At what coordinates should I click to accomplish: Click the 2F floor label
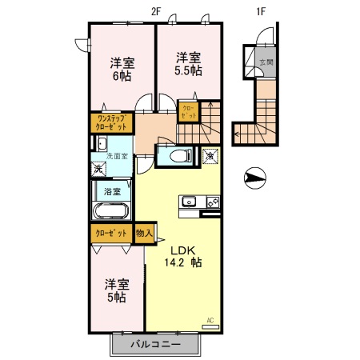156,10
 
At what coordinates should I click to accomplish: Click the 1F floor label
260,10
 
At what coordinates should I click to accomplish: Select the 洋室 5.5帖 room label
189,62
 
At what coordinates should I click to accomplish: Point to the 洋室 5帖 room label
116,290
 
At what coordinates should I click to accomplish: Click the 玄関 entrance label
266,62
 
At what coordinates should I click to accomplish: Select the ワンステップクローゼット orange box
111,122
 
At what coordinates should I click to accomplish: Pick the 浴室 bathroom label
112,192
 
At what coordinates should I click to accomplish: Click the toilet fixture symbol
176,155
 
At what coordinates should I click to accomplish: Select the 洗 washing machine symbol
97,169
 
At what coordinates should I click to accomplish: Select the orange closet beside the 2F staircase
189,112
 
